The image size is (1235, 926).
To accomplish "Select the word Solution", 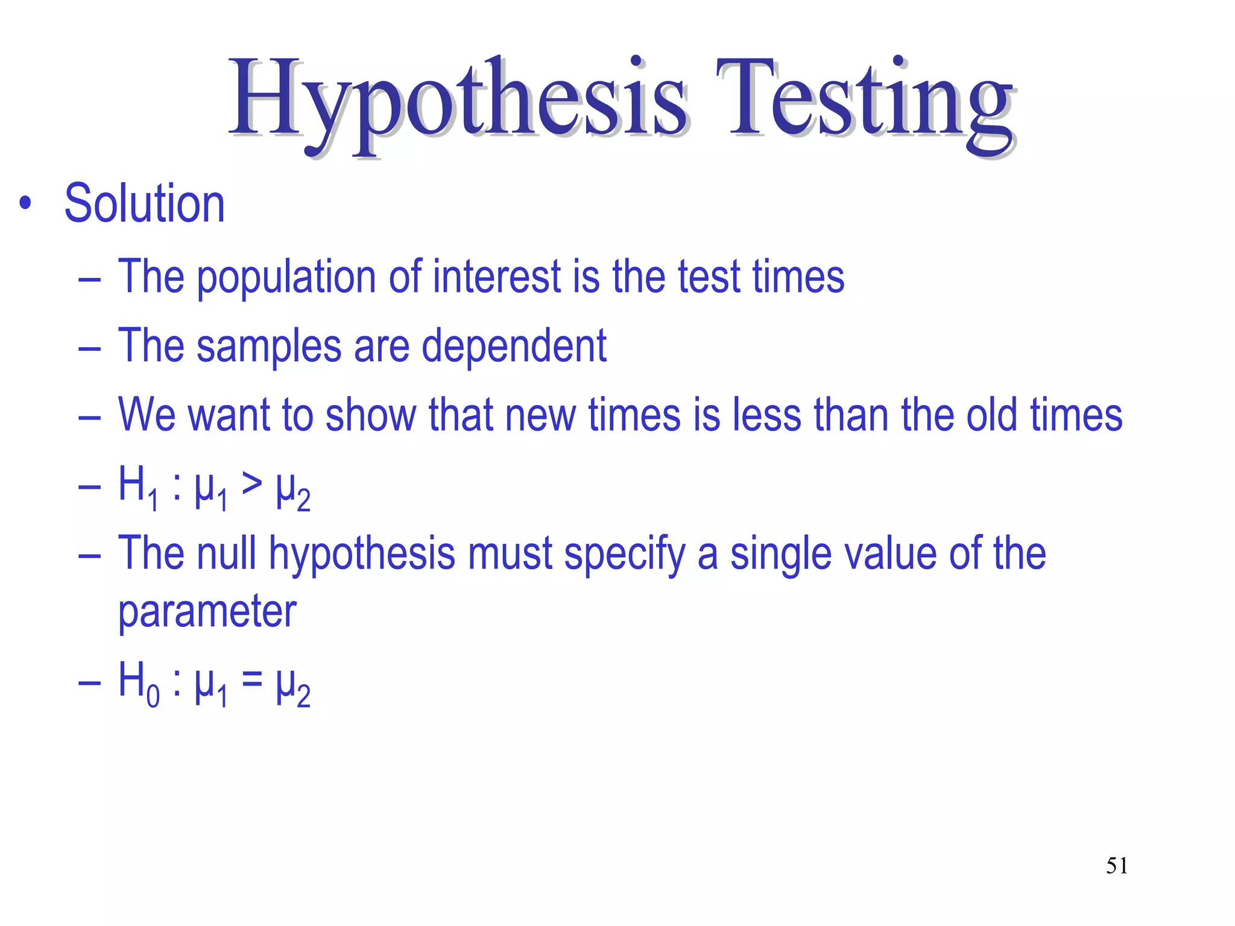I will coord(145,204).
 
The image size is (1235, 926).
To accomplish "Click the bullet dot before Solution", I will coord(25,204).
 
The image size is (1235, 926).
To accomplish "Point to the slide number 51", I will coord(1117,866).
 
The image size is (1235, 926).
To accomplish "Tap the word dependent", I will coord(514,346).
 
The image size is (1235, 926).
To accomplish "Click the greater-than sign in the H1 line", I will coord(251,483).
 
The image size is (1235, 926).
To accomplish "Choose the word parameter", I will coord(207,613).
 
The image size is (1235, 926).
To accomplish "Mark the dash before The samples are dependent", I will coord(89,348).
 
